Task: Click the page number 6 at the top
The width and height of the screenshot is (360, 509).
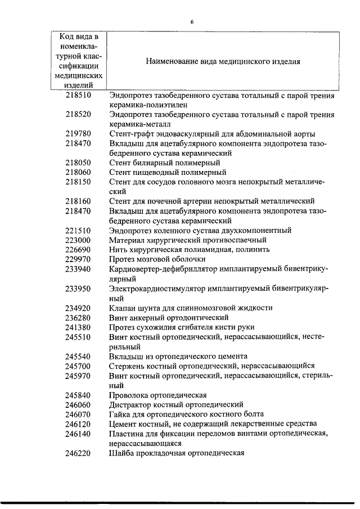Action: pyautogui.click(x=192, y=22)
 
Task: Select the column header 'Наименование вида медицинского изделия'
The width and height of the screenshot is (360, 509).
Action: pyautogui.click(x=222, y=61)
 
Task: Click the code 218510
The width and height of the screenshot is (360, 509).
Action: pyautogui.click(x=78, y=95)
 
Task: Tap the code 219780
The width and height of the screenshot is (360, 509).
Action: pyautogui.click(x=78, y=134)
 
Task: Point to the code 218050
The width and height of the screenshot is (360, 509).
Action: pyautogui.click(x=78, y=163)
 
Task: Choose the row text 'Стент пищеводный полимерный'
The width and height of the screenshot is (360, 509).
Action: pyautogui.click(x=168, y=172)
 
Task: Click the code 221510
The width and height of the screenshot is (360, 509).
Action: pyautogui.click(x=78, y=230)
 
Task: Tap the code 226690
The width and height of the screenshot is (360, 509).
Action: pyautogui.click(x=78, y=249)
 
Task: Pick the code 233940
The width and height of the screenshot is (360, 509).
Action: pyautogui.click(x=78, y=269)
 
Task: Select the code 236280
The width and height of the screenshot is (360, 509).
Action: pyautogui.click(x=78, y=317)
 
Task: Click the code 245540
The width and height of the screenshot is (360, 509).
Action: pyautogui.click(x=78, y=356)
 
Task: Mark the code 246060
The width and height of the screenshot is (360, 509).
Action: pyautogui.click(x=78, y=404)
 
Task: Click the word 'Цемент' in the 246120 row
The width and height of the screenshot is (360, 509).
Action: pyautogui.click(x=124, y=424)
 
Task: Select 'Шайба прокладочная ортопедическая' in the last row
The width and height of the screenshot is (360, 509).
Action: pyautogui.click(x=176, y=453)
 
